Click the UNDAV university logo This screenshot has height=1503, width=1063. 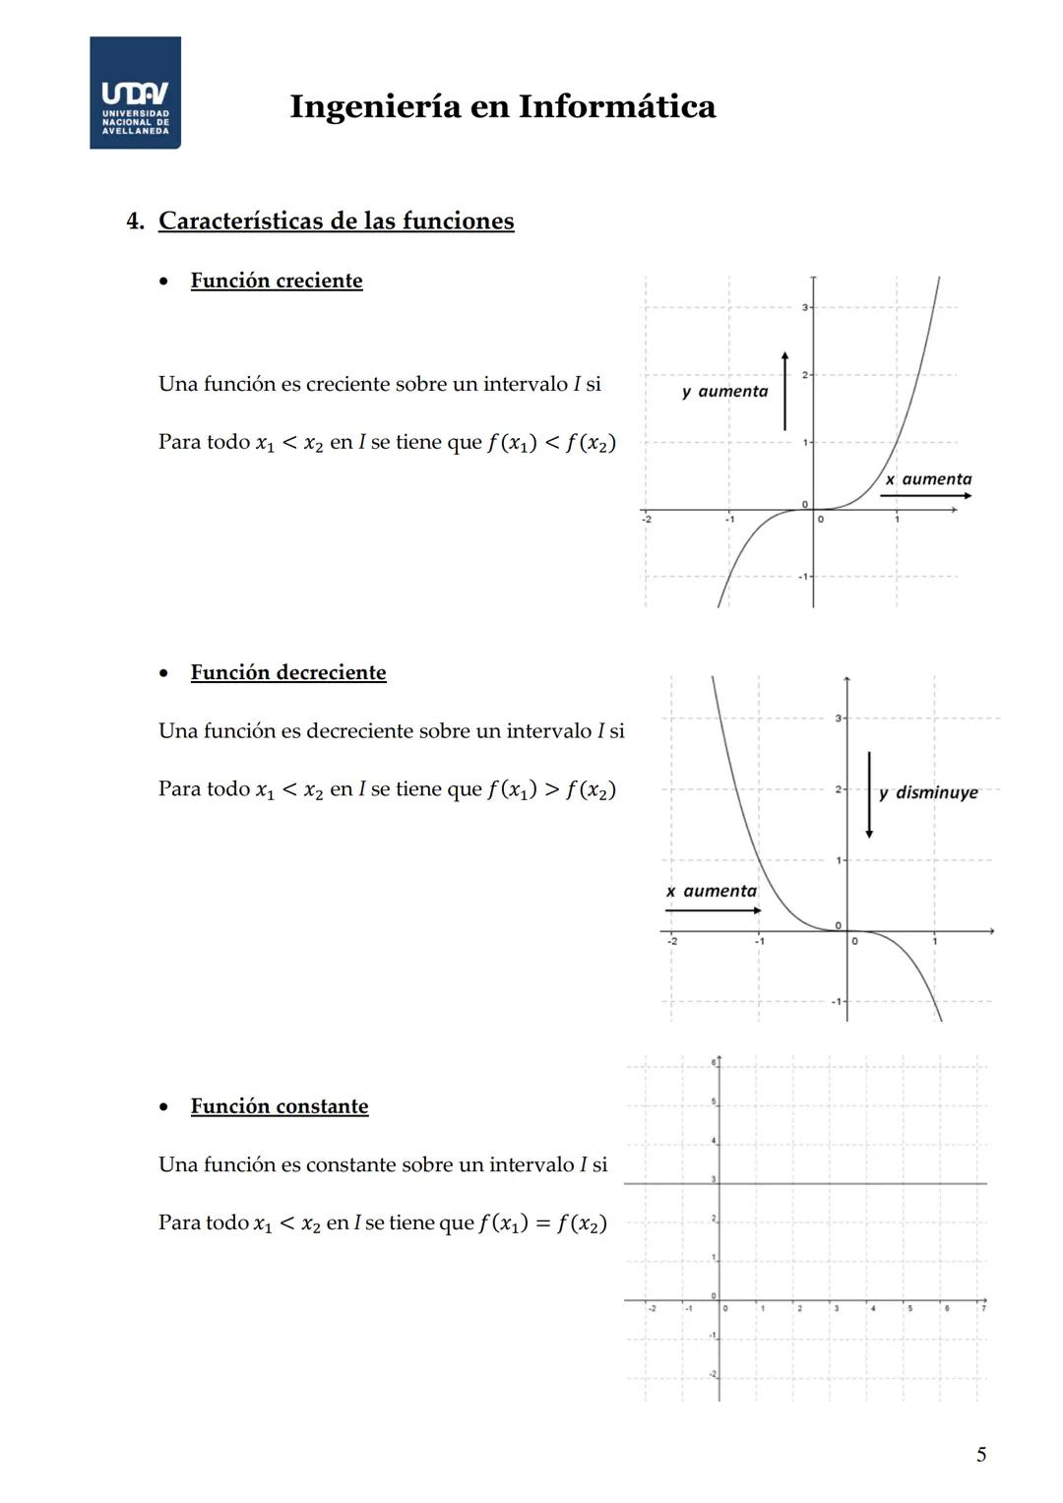[135, 94]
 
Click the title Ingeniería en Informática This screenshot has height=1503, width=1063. [502, 106]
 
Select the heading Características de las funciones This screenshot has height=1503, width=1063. [336, 220]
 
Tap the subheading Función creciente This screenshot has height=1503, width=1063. [276, 281]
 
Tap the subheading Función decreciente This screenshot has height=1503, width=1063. [287, 672]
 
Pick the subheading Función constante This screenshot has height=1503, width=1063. [279, 1106]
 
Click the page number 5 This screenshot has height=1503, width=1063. [980, 1454]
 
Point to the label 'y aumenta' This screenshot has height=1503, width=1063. [724, 392]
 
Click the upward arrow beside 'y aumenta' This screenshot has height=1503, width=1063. [784, 391]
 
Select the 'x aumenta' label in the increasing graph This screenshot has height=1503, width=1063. [927, 479]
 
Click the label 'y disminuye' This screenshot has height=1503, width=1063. [928, 792]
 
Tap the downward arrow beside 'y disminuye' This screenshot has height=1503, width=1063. [868, 794]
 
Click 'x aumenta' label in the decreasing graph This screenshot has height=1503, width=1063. [711, 891]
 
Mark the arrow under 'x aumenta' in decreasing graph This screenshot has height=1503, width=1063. [713, 910]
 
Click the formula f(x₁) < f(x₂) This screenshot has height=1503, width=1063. [551, 443]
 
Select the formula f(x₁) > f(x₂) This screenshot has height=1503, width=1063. [551, 790]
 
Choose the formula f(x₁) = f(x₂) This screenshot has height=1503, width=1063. [542, 1223]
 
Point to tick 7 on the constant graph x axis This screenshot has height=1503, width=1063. [982, 1307]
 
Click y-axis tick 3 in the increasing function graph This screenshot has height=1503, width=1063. [804, 308]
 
